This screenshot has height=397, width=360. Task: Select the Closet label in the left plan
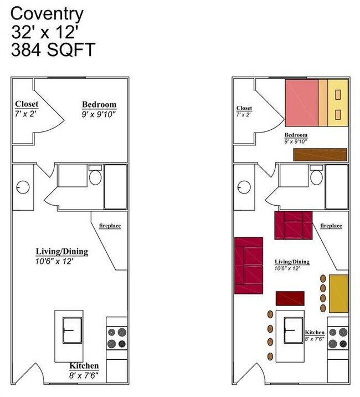(27, 104)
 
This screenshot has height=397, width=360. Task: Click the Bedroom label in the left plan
(99, 104)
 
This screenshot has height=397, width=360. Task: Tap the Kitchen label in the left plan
(84, 366)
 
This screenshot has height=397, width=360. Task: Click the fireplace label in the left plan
(110, 226)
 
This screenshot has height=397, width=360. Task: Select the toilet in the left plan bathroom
(95, 177)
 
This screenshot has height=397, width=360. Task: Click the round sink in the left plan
(23, 187)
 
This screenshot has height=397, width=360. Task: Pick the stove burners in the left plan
(117, 338)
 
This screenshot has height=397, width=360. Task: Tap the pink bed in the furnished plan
(302, 103)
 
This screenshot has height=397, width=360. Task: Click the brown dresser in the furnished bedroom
(320, 155)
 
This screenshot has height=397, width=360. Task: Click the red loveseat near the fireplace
(294, 226)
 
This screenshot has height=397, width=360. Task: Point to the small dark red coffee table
(290, 298)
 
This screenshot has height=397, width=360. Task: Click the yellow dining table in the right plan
(338, 293)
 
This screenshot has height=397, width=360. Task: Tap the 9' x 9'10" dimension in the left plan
(99, 115)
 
